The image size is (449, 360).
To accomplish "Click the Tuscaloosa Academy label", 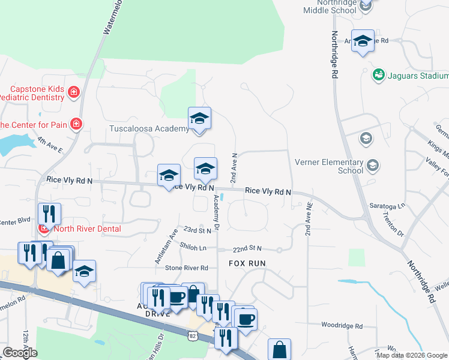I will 149,129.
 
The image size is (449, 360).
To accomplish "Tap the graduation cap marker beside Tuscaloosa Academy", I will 199,119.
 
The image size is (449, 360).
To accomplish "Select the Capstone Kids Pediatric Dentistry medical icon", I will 74,92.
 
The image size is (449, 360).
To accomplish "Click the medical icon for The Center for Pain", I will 76,124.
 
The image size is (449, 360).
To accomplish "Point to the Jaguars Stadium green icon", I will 378,75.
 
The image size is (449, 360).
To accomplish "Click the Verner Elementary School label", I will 329,166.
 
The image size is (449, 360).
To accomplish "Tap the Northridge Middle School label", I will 331,7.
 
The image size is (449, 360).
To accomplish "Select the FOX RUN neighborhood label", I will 247,263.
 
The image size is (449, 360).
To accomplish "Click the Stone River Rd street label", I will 186,268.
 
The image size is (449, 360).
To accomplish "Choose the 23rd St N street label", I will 197,230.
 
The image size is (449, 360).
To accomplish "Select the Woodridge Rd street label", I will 342,326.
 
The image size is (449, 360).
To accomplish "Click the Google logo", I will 20,353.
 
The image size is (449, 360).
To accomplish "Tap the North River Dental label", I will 87,229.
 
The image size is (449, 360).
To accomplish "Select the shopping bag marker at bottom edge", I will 279,349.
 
